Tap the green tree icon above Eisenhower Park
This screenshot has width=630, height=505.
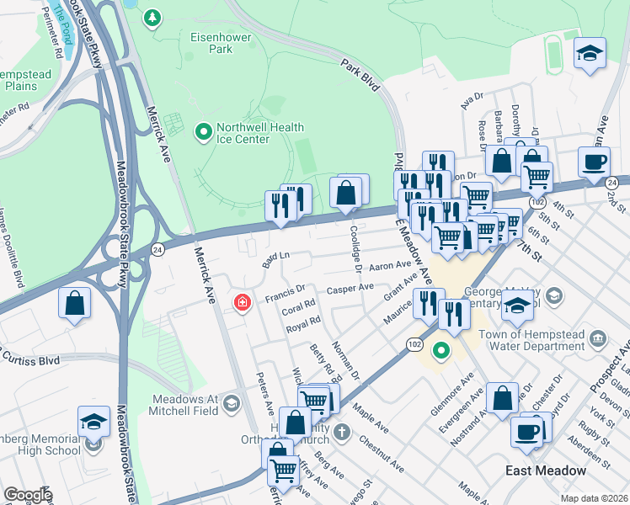152,18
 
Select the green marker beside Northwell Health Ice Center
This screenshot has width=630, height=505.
203,132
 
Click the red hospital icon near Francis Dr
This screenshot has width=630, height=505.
243,301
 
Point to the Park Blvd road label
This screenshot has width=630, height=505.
361,74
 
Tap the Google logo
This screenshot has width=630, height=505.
27,495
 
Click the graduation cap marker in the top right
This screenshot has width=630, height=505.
590,52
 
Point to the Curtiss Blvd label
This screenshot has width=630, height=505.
32,359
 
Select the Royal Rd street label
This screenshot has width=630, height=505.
303,322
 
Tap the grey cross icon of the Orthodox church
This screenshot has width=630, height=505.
340,433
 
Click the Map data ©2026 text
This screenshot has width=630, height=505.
594,498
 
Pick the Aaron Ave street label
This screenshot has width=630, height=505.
390,264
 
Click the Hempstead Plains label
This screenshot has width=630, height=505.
25,80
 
